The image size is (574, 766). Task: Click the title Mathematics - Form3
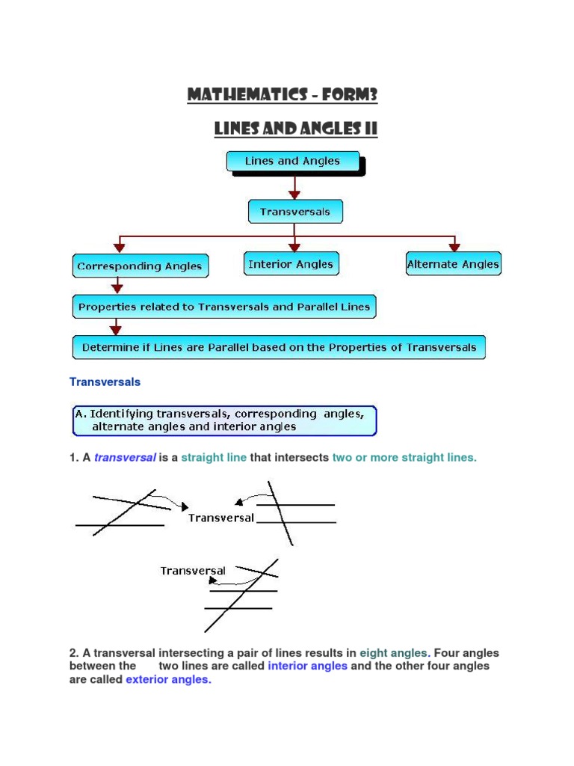click(283, 95)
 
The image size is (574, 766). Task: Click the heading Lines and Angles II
click(295, 129)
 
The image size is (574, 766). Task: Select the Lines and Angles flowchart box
click(292, 161)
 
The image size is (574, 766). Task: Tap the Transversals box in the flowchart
click(294, 212)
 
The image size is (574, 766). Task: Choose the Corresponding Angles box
click(141, 266)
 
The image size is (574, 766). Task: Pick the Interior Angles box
click(291, 263)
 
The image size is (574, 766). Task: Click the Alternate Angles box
click(453, 264)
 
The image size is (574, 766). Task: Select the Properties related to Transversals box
click(224, 306)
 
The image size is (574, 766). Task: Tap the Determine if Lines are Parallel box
click(279, 347)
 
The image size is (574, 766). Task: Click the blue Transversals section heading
click(105, 382)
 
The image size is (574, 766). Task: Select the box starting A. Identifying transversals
click(223, 420)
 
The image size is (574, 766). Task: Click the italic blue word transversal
click(125, 457)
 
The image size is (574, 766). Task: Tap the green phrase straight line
click(214, 457)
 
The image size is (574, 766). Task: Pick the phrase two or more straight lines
click(404, 457)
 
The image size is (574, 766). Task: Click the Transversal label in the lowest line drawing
click(193, 571)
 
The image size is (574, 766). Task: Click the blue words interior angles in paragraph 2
click(307, 666)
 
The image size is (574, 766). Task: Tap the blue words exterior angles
click(168, 679)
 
